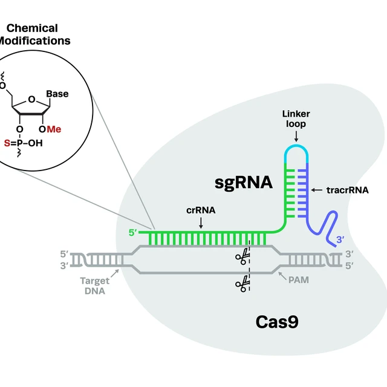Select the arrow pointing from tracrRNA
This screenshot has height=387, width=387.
click(x=319, y=190)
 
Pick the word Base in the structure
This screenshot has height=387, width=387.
click(x=57, y=94)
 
